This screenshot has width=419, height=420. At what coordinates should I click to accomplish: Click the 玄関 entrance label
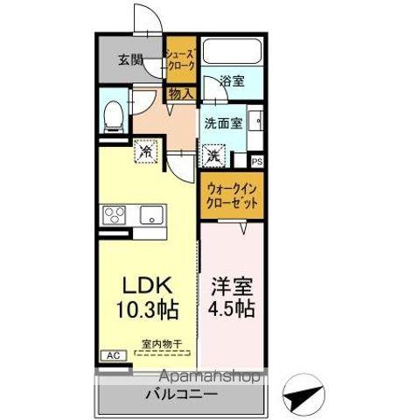coord(130,60)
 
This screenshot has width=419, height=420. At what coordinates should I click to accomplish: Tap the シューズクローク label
coord(181,59)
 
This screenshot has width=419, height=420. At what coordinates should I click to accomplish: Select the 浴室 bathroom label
coord(232,80)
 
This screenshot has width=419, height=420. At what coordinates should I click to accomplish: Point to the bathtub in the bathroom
coord(233,51)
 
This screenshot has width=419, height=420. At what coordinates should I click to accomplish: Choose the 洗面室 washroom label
coord(222,123)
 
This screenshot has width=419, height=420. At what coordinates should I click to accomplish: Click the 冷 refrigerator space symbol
coord(146,151)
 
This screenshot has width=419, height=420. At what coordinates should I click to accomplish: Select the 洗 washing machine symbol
coord(214,157)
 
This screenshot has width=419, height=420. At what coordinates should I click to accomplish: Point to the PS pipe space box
coord(257,161)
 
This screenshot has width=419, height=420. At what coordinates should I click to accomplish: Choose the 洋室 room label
coord(231,287)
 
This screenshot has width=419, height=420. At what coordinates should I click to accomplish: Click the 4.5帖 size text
coord(231,310)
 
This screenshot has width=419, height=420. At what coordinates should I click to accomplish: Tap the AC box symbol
coord(112,355)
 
